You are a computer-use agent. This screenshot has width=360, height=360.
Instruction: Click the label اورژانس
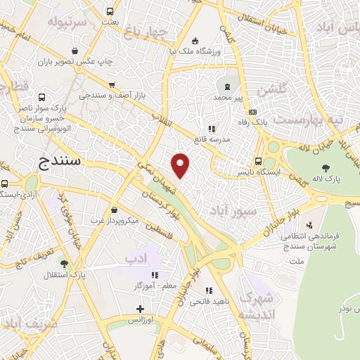pos(141,320)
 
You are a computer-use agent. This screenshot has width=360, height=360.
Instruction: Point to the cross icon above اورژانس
pos(141,309)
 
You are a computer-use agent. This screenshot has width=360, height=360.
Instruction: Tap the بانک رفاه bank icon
pos(253,110)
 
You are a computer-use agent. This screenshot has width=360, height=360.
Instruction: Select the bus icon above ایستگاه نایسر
pos(259,160)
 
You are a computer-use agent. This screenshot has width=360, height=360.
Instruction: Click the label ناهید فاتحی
pos(209,302)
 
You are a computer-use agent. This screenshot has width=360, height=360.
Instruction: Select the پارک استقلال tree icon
pos(64,263)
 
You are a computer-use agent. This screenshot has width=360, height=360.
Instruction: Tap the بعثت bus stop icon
pos(110,11)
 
